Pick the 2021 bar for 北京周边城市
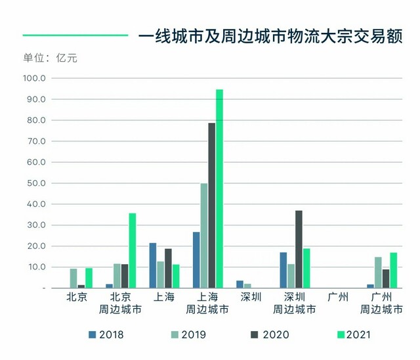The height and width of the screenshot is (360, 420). click(133, 250)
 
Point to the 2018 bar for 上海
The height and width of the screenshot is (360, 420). click(153, 265)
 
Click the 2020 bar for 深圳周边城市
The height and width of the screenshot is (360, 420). click(299, 249)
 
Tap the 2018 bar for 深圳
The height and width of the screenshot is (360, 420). click(240, 284)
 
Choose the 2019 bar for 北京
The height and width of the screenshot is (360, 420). click(73, 279)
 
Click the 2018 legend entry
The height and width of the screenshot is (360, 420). click(106, 335)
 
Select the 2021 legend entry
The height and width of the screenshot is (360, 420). click(354, 335)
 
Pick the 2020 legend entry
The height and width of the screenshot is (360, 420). click(270, 335)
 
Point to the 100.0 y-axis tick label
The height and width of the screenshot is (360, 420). click(34, 78)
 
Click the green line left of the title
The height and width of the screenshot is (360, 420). click(75, 35)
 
